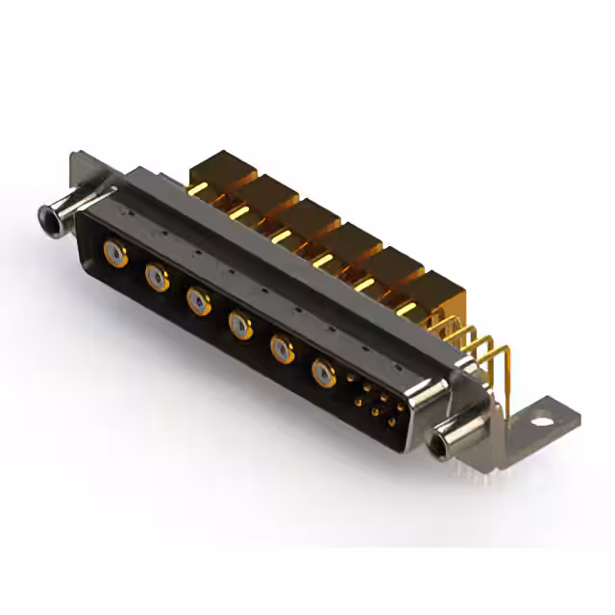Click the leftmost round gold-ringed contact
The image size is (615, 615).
pyautogui.click(x=114, y=254)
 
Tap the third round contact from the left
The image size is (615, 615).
pyautogui.click(x=198, y=302)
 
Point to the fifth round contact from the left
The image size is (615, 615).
pyautogui.click(x=282, y=347)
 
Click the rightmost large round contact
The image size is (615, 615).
pyautogui.click(x=325, y=372)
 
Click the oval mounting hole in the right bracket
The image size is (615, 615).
pyautogui.click(x=545, y=418)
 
